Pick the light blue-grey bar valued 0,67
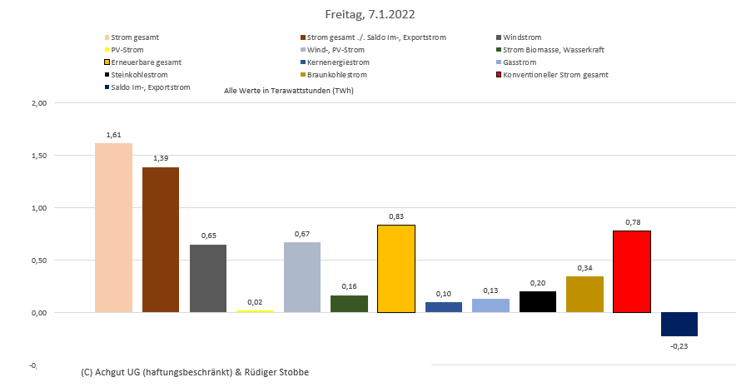(x=301, y=277)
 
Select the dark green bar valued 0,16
(x=349, y=304)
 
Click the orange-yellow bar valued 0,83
(x=395, y=269)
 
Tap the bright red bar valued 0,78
(x=631, y=271)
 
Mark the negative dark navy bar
(x=679, y=324)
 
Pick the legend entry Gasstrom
(x=520, y=62)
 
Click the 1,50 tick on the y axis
(x=37, y=156)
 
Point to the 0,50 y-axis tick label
(x=37, y=260)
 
